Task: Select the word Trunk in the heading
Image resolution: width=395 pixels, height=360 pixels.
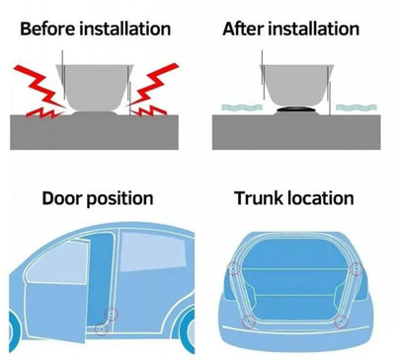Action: coord(260,198)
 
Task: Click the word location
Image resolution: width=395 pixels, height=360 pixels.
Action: coord(321,198)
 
